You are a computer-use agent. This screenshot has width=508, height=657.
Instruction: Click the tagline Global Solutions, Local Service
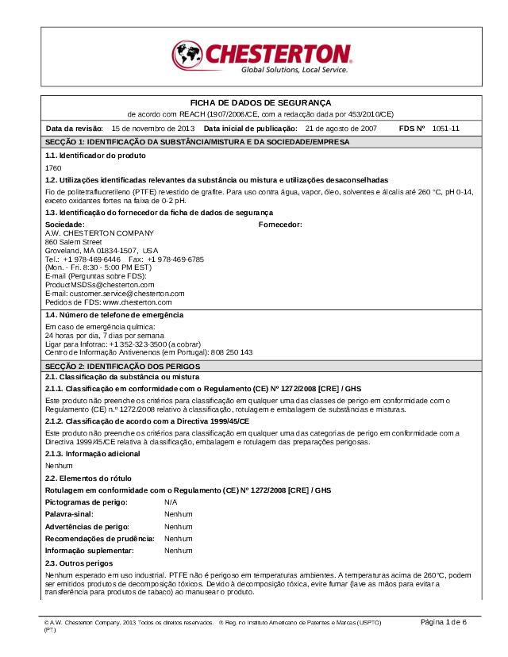294,71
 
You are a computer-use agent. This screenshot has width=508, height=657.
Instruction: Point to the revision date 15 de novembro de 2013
153,128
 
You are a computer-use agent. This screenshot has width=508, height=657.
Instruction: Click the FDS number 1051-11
445,128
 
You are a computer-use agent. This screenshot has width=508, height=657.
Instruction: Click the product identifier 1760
53,168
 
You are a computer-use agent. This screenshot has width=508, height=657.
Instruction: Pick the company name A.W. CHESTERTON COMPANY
99,232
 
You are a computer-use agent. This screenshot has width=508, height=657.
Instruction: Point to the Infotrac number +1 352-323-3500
139,344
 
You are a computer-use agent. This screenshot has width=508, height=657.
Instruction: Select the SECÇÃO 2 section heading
122,366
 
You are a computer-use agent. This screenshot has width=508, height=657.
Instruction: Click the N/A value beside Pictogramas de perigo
171,502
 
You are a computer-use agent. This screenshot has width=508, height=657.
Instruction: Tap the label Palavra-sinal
69,514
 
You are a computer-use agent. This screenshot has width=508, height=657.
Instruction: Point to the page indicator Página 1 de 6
443,621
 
